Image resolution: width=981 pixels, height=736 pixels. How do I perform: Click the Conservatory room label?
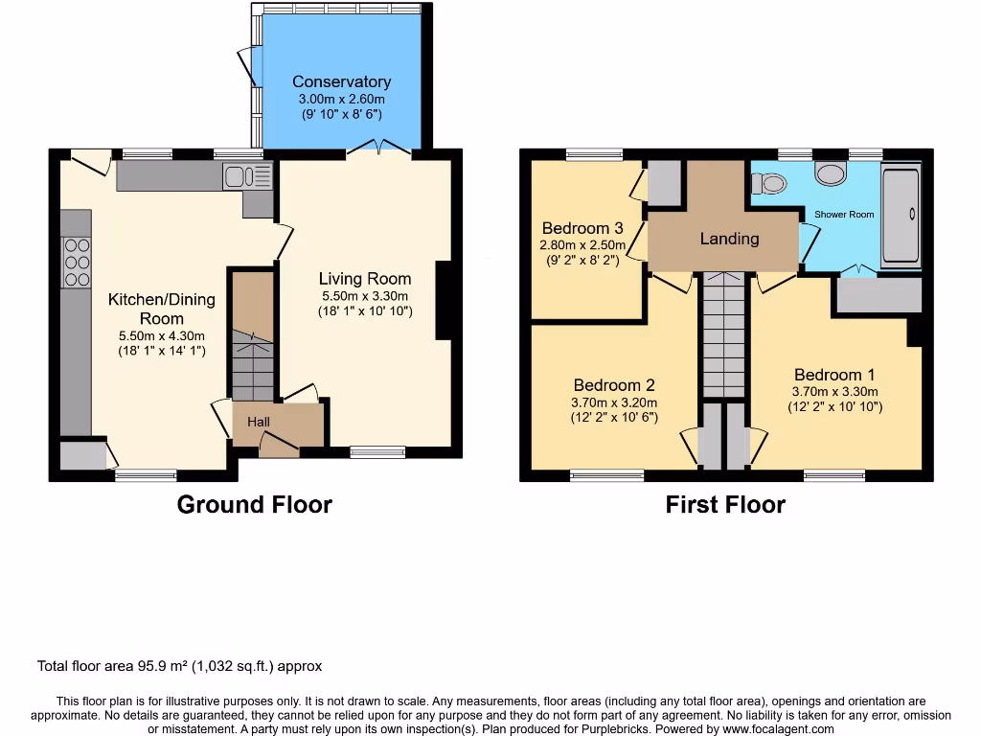[x=341, y=82]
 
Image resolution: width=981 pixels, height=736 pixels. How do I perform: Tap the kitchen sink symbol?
[x=248, y=175]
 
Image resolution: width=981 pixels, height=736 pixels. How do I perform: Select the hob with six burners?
[x=76, y=262]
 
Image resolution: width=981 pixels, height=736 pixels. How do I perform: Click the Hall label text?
[x=259, y=422]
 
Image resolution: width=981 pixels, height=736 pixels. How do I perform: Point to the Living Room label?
[x=364, y=279]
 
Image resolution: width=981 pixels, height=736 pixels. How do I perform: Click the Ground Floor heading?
[x=254, y=505]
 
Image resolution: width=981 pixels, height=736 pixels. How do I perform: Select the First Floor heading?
[x=725, y=505]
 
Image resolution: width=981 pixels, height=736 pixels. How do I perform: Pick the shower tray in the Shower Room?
[x=900, y=216]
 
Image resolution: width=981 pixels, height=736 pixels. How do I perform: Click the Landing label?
[x=729, y=239]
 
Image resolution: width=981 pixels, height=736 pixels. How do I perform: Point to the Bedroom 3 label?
[x=582, y=228]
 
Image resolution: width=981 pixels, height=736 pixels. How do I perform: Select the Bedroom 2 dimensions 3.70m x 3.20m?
[x=613, y=402]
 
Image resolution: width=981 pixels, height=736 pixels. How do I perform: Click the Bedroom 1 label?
[x=833, y=375]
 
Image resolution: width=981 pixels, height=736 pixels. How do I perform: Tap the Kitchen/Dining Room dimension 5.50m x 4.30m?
[x=161, y=335]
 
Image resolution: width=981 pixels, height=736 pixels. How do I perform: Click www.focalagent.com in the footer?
[x=779, y=729]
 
